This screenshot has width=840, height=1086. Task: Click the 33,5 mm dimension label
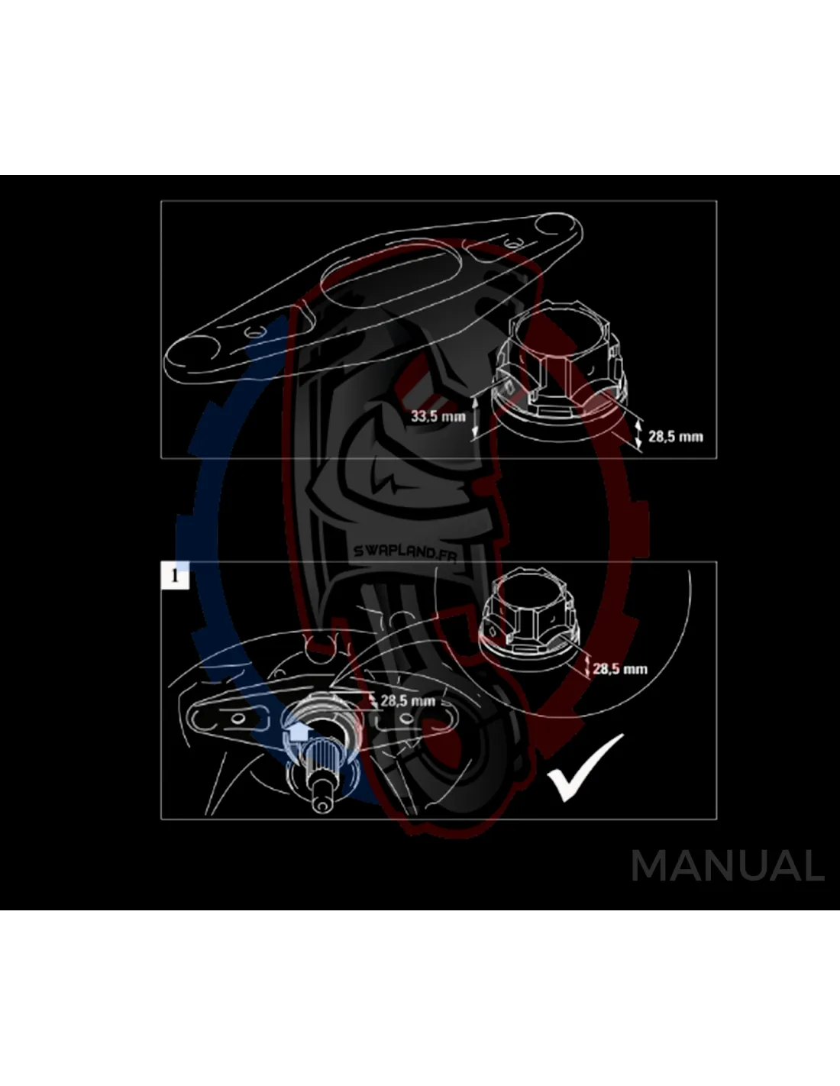[x=438, y=415]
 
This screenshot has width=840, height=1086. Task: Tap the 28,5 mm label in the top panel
[x=676, y=436]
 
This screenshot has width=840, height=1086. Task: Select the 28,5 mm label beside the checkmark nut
[x=619, y=669]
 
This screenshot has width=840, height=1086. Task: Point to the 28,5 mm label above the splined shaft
[x=408, y=700]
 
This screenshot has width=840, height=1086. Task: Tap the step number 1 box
[x=175, y=576]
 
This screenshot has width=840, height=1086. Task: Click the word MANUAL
[x=728, y=866]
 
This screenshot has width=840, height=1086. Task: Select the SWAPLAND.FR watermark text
[x=405, y=551]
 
